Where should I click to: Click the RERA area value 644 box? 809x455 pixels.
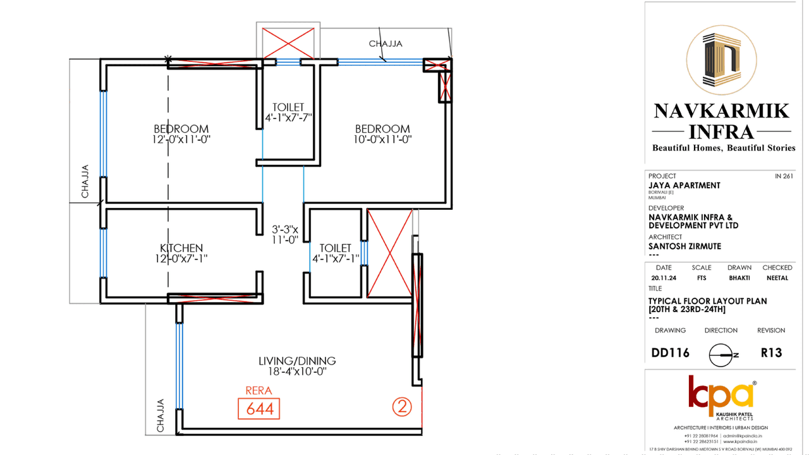[x=259, y=409]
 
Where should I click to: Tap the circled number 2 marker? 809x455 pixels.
[x=402, y=406]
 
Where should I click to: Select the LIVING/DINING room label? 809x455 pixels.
[x=296, y=361]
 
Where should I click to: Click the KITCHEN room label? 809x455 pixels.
[x=181, y=248]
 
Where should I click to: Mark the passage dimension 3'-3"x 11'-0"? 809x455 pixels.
[x=285, y=234]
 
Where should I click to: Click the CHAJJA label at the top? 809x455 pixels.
[x=386, y=44]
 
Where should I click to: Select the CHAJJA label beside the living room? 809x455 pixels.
[x=161, y=415]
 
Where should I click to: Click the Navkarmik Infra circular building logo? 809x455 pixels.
[x=721, y=61]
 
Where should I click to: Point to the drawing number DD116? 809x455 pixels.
[x=671, y=353]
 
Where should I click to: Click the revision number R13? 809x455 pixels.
[x=771, y=353]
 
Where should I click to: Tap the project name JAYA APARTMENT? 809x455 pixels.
[x=684, y=185]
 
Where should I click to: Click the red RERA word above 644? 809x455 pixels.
[x=259, y=391]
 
